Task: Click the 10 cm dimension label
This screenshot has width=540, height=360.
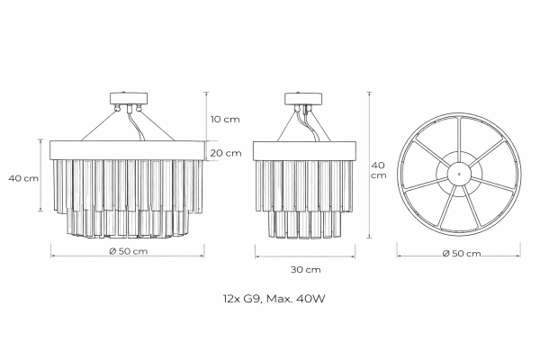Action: tap(225, 120)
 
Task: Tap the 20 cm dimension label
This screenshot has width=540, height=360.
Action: tap(226, 153)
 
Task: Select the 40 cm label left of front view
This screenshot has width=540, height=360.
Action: tap(23, 178)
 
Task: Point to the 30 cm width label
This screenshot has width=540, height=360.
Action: tap(305, 269)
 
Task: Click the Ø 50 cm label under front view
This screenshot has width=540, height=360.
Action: tap(129, 251)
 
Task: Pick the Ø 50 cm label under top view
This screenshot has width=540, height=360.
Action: tap(462, 253)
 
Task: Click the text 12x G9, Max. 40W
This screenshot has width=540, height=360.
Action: tap(274, 298)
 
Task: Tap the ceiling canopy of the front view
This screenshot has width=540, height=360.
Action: tap(129, 98)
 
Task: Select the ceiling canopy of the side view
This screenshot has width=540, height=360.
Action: tap(303, 98)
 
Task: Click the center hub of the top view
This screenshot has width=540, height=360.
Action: tap(459, 175)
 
